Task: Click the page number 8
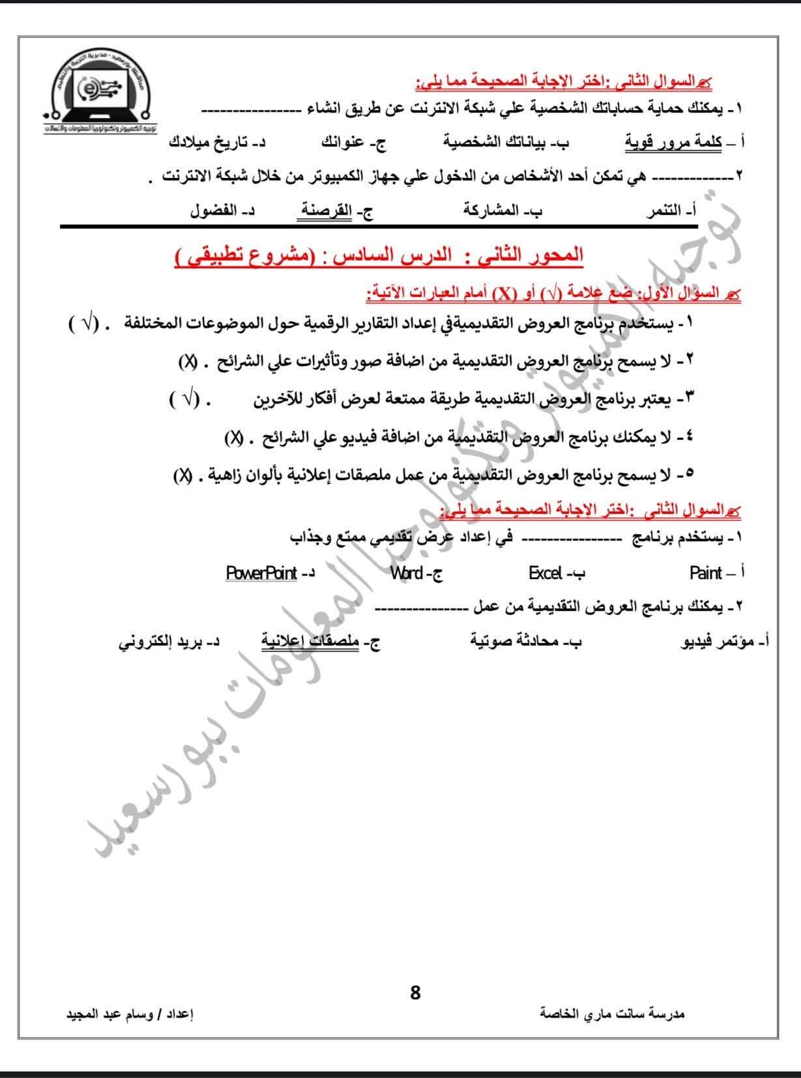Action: [x=415, y=993]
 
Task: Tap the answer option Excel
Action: [x=546, y=573]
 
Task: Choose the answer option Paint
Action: [x=706, y=573]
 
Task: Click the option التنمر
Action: [x=663, y=211]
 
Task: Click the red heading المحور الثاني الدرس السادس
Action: [x=379, y=256]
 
